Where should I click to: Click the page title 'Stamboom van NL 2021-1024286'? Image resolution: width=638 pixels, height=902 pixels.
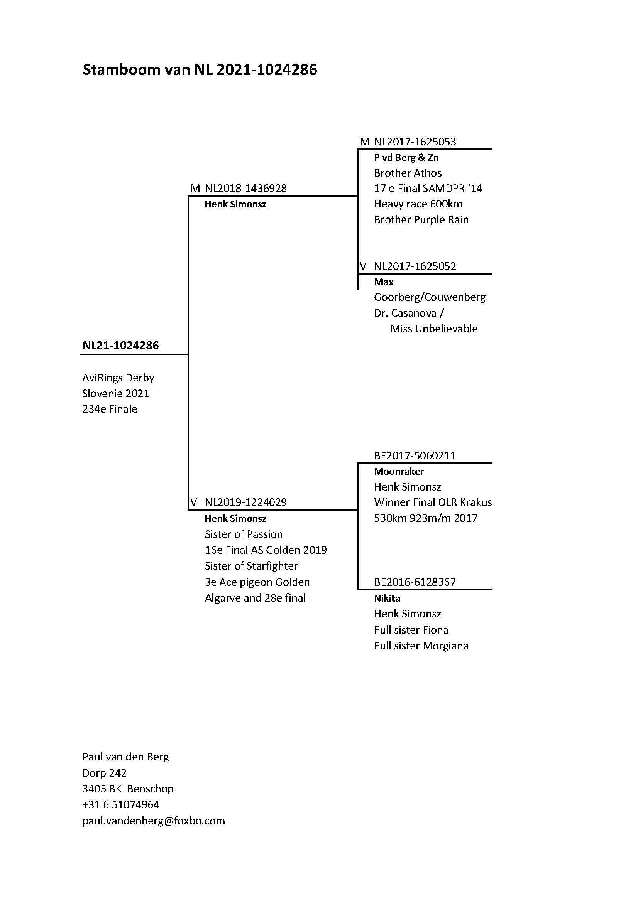[200, 70]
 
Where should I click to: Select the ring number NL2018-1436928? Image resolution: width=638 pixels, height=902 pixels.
[246, 189]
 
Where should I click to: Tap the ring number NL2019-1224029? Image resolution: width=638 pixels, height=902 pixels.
[246, 502]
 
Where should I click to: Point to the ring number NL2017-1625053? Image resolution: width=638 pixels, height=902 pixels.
[415, 142]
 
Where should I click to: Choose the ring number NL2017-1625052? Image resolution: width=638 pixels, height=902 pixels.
[415, 266]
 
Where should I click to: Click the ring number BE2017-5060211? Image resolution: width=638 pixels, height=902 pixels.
[415, 456]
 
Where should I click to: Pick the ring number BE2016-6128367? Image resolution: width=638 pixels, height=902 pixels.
[415, 582]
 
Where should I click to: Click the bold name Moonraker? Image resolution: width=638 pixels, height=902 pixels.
[399, 471]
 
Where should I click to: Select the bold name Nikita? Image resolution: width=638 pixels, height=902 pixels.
[387, 599]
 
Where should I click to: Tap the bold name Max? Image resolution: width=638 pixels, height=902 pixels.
[384, 282]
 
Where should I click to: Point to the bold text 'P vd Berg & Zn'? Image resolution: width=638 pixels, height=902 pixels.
[406, 158]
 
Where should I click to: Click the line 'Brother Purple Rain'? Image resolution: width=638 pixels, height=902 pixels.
[421, 219]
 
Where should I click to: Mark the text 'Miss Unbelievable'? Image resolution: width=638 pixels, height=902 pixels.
[434, 329]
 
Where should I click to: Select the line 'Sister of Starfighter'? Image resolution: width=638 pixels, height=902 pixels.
[251, 566]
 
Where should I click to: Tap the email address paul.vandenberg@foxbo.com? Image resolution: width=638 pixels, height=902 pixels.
[154, 821]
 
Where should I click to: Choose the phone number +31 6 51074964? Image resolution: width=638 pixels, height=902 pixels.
[121, 804]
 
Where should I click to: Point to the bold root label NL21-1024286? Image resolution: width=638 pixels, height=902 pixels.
[121, 346]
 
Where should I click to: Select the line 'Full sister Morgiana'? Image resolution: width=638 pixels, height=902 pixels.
[421, 646]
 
